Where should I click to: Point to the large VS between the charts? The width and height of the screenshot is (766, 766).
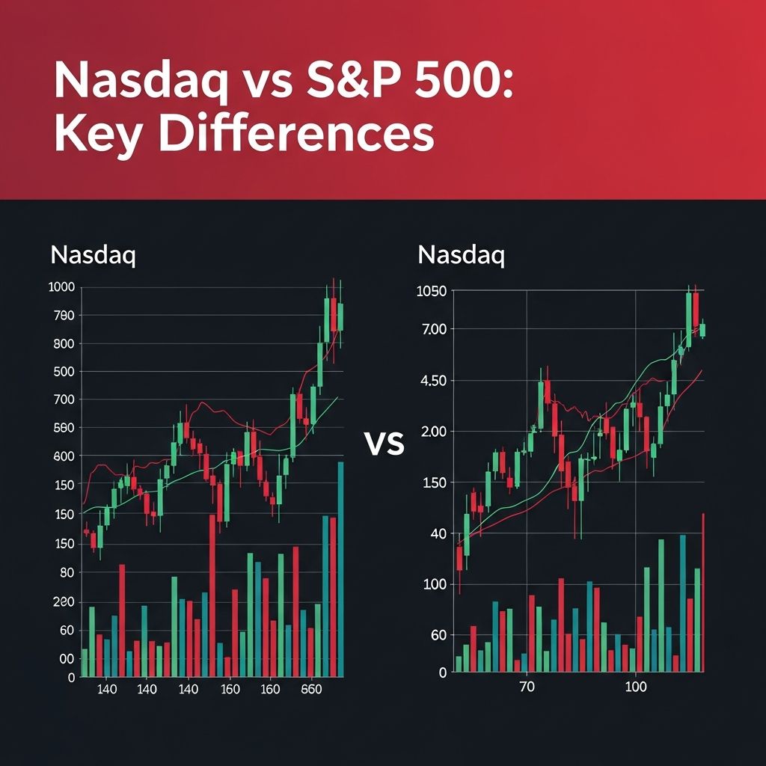click(384, 444)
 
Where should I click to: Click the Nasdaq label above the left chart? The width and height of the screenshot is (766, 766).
click(94, 255)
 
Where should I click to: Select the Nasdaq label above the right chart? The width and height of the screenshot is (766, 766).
click(462, 255)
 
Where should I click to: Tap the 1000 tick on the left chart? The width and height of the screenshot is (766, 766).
click(61, 287)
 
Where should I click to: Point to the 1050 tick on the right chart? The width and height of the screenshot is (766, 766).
click(431, 292)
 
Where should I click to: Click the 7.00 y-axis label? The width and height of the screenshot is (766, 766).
click(432, 329)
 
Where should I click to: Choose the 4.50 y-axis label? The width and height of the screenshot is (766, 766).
click(432, 381)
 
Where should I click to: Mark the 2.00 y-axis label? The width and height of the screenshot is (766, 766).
click(432, 432)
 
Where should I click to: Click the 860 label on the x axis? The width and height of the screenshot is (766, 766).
click(311, 689)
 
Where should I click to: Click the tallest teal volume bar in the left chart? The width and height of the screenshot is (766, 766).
click(341, 569)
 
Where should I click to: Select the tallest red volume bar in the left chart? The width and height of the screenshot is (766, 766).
click(212, 595)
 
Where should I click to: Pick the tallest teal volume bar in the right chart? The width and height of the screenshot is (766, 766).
click(682, 603)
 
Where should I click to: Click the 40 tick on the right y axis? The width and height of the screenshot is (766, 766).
click(437, 534)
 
